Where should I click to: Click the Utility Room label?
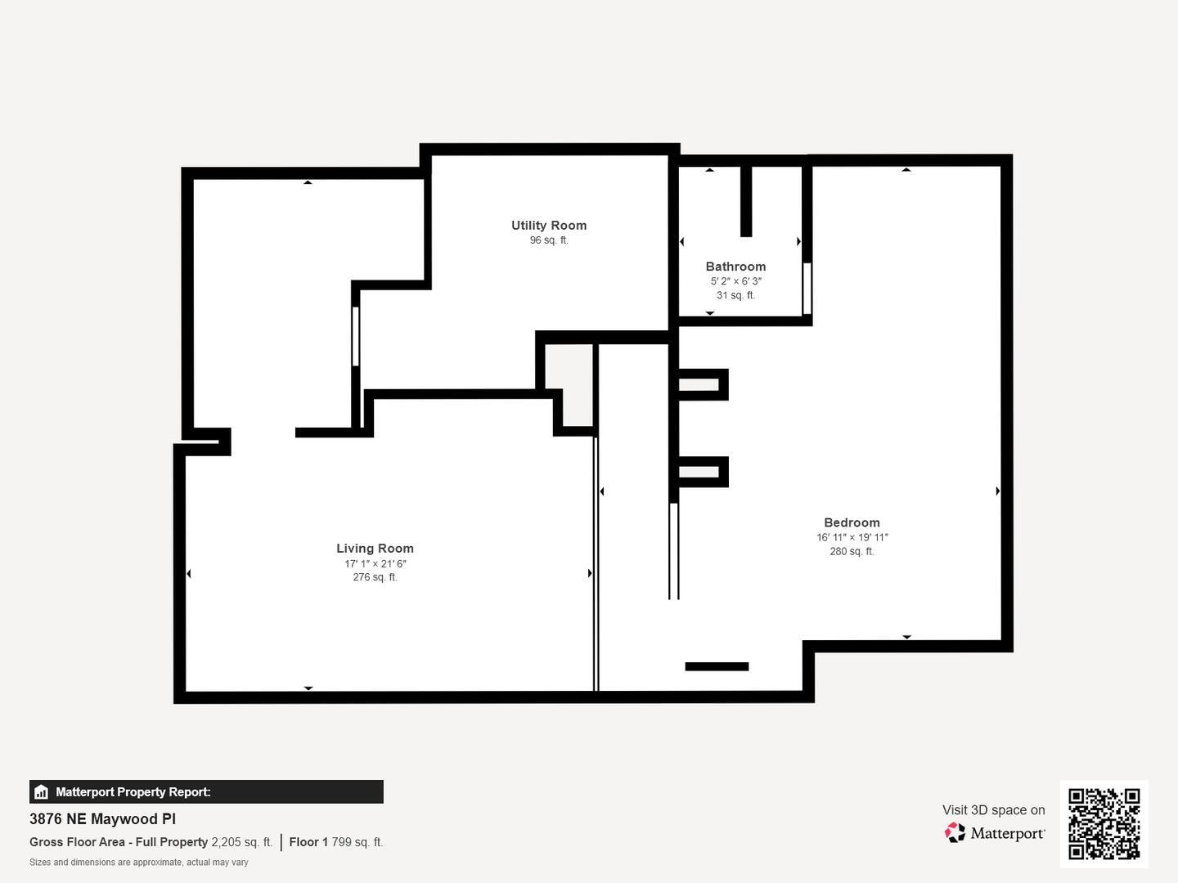click(x=549, y=226)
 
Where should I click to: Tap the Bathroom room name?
click(x=735, y=267)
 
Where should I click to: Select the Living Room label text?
click(x=375, y=549)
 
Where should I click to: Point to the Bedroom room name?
click(x=852, y=522)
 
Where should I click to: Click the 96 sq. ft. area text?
click(x=549, y=240)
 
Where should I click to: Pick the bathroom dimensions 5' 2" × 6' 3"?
click(x=735, y=281)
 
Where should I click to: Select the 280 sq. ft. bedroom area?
click(x=852, y=552)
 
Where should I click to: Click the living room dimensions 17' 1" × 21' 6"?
click(x=375, y=564)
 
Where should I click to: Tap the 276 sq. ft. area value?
click(x=375, y=577)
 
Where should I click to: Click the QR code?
click(x=1104, y=823)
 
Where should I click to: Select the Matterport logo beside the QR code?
click(x=995, y=833)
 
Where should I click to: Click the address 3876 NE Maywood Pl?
click(x=102, y=819)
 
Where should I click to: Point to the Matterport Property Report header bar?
click(x=206, y=791)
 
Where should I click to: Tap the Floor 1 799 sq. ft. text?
click(x=335, y=842)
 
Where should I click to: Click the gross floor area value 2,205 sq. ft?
click(x=241, y=842)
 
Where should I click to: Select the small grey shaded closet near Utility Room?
click(x=569, y=384)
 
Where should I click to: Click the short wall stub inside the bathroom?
click(x=746, y=201)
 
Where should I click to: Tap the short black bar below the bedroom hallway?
click(x=717, y=666)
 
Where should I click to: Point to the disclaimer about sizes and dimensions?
click(x=139, y=863)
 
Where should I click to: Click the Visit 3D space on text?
click(x=993, y=810)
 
